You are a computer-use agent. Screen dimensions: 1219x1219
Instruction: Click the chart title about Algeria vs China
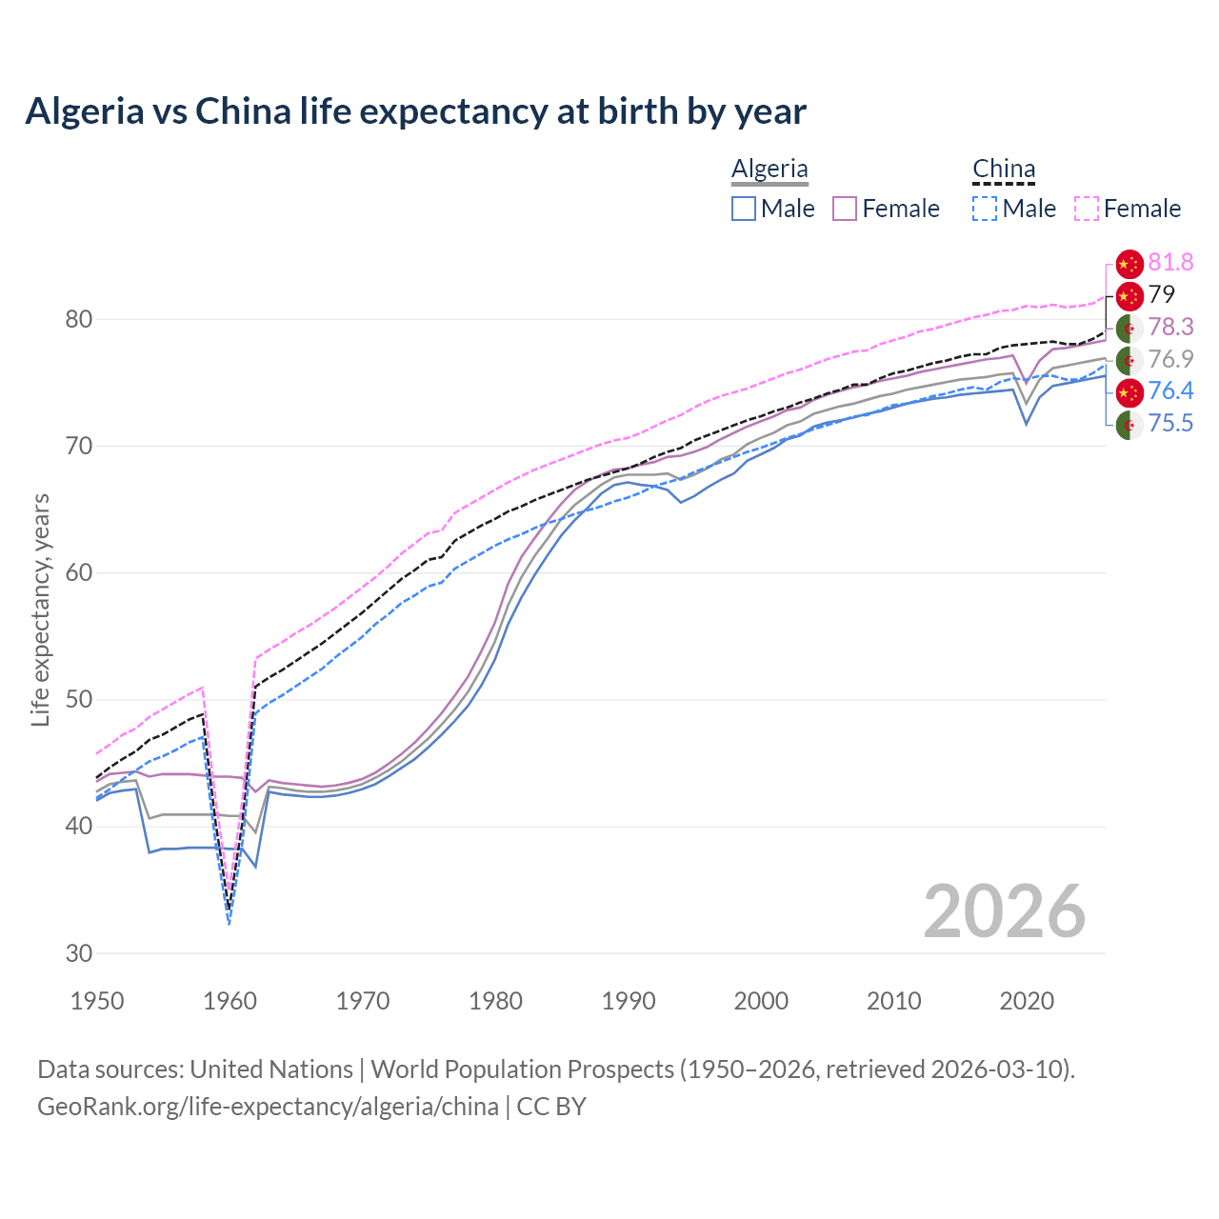point(415,111)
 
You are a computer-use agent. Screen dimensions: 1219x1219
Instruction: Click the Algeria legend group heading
point(769,169)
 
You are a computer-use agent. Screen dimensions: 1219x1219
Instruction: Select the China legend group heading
point(1003,169)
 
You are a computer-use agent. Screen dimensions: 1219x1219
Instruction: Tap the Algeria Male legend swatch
point(744,209)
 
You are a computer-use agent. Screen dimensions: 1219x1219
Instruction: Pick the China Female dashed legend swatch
point(1087,209)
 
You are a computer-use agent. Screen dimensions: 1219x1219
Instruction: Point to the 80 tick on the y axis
point(79,319)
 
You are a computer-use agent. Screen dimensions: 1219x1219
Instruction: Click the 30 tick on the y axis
point(79,953)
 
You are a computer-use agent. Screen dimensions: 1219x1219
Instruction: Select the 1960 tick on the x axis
point(230,1001)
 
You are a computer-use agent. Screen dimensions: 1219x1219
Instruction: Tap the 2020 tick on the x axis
point(1027,1001)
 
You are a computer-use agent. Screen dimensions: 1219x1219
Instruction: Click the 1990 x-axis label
point(629,1001)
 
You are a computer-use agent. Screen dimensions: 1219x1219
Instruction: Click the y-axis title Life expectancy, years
point(40,609)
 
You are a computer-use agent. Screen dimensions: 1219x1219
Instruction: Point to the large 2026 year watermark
point(1005,911)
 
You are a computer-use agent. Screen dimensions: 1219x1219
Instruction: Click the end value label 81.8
point(1170,262)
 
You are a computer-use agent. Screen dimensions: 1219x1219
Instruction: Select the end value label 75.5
point(1170,423)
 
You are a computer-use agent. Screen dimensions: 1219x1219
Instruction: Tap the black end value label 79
point(1162,294)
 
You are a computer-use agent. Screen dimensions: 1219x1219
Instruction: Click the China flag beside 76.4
point(1129,391)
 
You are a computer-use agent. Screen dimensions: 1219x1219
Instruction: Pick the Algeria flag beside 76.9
point(1129,359)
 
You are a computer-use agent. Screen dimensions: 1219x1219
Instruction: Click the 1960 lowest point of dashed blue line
point(230,923)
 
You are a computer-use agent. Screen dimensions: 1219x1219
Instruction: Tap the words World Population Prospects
point(522,1069)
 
